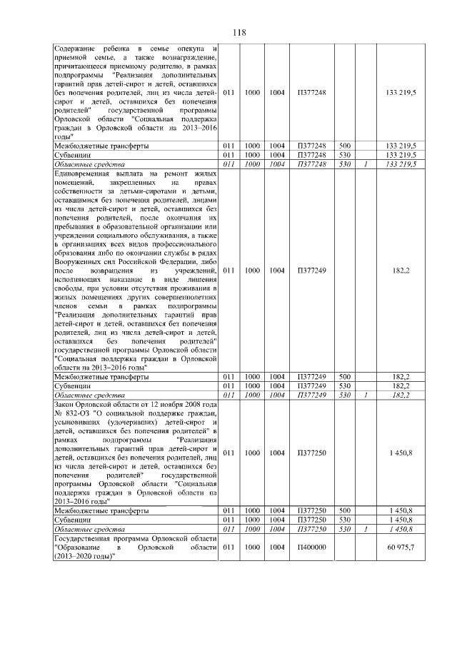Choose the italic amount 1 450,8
402,529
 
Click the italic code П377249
311,395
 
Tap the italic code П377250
311,529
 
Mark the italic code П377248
311,163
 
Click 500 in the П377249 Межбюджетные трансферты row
344,377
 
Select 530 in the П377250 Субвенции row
344,520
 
